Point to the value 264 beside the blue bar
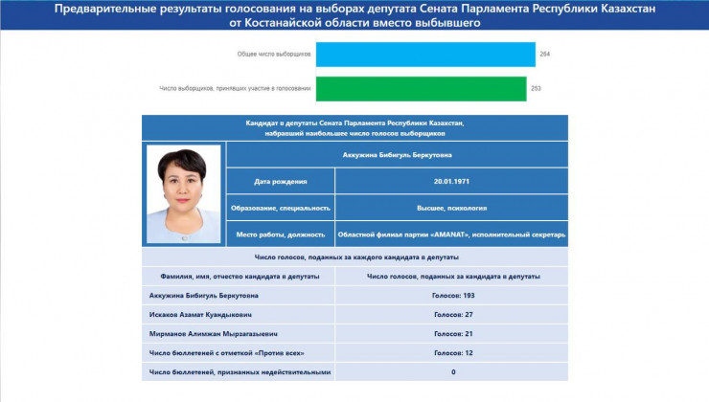(545, 55)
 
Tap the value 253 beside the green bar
(537, 88)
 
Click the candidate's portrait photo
(183, 193)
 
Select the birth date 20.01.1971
(451, 181)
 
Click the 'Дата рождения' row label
(280, 181)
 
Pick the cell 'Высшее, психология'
(451, 207)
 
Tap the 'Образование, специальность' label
(280, 207)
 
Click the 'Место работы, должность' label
(280, 234)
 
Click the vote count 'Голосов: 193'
(452, 295)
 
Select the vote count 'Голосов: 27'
(452, 313)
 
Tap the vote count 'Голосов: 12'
(452, 351)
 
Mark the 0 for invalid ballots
(452, 370)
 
